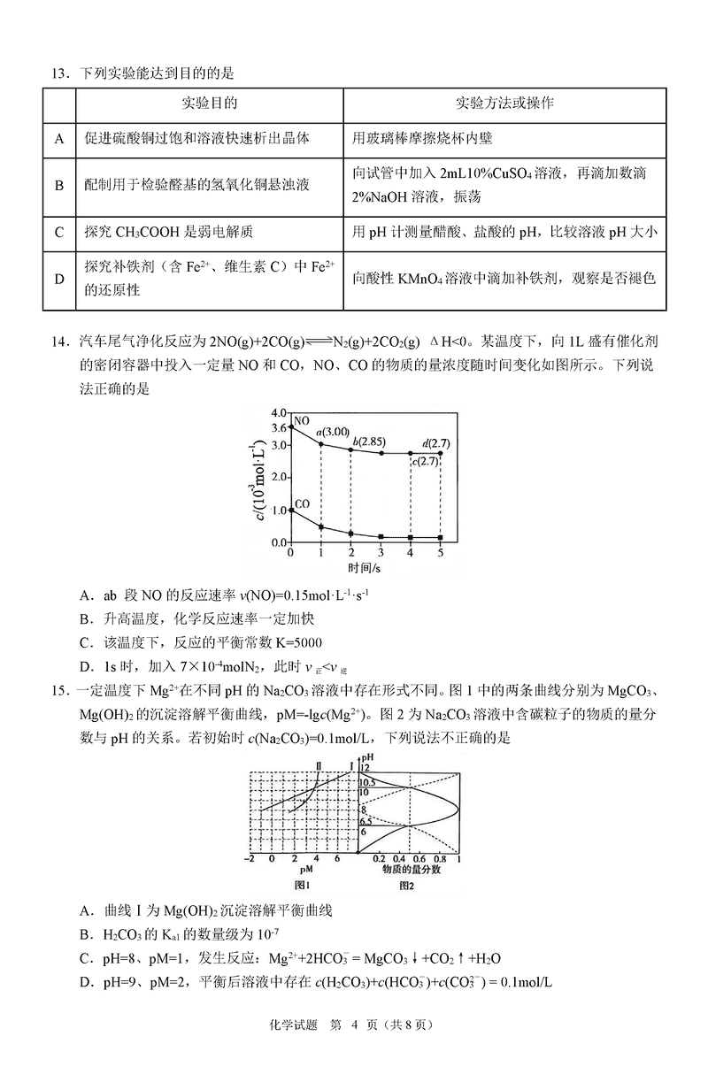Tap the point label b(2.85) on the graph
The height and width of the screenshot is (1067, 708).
tap(367, 441)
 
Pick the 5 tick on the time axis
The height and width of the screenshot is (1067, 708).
tap(441, 552)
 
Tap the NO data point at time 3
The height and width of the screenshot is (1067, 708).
tap(381, 453)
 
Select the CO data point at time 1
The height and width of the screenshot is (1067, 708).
tap(320, 527)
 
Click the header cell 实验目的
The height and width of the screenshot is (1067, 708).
tap(210, 104)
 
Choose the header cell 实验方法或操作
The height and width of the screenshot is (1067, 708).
tap(504, 104)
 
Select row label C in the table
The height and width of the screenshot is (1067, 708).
tap(59, 234)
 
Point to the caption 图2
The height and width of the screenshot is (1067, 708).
tap(408, 884)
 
